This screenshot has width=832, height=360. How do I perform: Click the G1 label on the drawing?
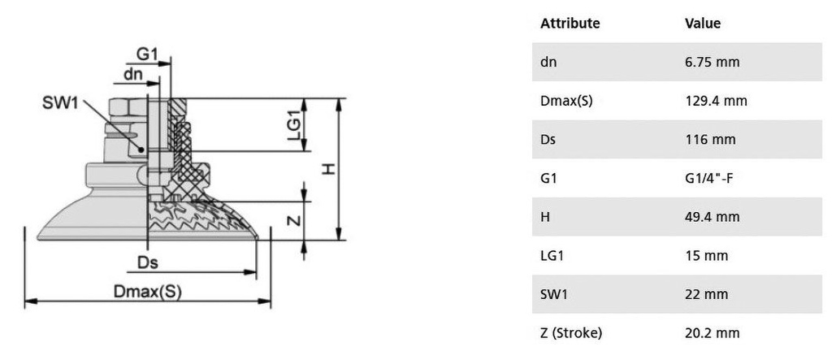pyautogui.click(x=148, y=54)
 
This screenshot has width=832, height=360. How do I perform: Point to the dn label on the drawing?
pyautogui.click(x=133, y=74)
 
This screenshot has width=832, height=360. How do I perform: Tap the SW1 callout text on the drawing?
pyautogui.click(x=60, y=103)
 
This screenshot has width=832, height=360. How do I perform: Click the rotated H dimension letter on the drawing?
pyautogui.click(x=330, y=169)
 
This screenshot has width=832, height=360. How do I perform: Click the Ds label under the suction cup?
pyautogui.click(x=148, y=262)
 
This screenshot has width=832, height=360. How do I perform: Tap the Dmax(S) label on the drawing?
pyautogui.click(x=148, y=292)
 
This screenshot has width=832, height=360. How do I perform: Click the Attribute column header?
pyautogui.click(x=570, y=24)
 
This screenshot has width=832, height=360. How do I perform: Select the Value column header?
pyautogui.click(x=703, y=24)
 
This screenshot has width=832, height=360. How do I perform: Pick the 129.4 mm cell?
pyautogui.click(x=716, y=101)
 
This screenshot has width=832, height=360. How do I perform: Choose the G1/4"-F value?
pyautogui.click(x=708, y=179)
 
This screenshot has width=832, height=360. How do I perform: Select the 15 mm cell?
pyautogui.click(x=707, y=255)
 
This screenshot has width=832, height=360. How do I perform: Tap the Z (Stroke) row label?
pyautogui.click(x=571, y=333)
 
